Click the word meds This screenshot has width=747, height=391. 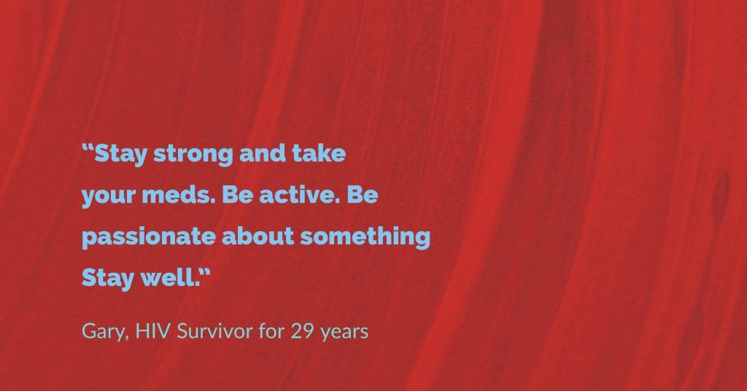pyautogui.click(x=179, y=194)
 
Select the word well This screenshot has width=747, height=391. pyautogui.click(x=169, y=277)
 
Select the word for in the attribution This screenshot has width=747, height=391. pyautogui.click(x=271, y=330)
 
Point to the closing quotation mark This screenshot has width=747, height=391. pyautogui.click(x=204, y=272)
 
